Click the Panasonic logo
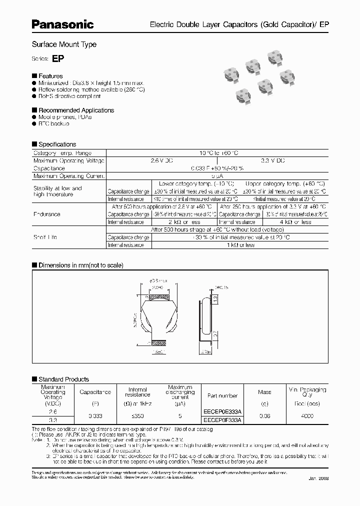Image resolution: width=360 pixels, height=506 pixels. tap(63, 23)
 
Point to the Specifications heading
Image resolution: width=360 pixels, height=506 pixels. tap(57, 144)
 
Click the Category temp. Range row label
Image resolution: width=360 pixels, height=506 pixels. tap(62, 153)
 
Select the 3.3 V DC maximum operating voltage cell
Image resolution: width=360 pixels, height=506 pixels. tap(273, 160)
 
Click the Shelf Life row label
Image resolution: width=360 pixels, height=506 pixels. tap(45, 237)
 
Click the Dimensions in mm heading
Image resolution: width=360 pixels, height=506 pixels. tap(80, 265)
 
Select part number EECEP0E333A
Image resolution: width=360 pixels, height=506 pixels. tap(222, 411)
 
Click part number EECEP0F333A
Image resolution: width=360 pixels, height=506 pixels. tap(222, 420)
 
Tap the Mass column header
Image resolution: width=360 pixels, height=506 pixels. tap(264, 392)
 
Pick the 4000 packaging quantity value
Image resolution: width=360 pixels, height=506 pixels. tap(307, 415)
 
